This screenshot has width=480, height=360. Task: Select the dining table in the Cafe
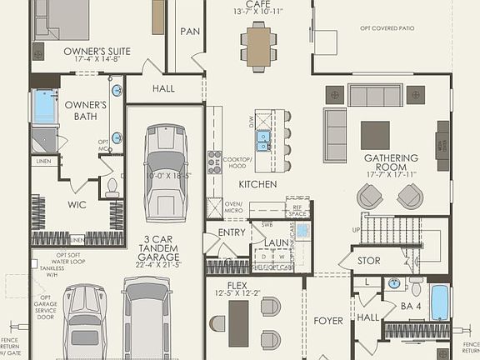point(259,45)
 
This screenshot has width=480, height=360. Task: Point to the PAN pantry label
point(189,31)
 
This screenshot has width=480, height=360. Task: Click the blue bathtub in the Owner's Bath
point(42,107)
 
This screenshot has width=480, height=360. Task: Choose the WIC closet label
point(77,204)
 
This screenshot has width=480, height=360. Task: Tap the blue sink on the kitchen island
point(263,139)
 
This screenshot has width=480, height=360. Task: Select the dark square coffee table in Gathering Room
point(375,134)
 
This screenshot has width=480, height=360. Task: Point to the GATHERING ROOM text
point(390,163)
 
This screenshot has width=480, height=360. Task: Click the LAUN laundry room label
point(277,243)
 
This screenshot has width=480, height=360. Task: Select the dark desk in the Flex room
point(239,322)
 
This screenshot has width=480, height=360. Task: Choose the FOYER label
point(328,320)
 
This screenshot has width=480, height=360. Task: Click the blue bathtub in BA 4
point(439,302)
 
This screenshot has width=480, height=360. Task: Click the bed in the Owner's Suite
point(62,18)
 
